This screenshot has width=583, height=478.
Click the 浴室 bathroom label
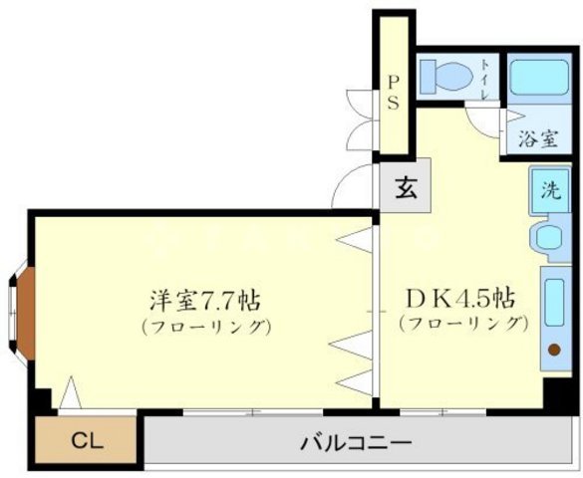(538, 137)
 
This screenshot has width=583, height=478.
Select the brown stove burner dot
(555, 349)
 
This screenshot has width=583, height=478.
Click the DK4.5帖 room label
(459, 298)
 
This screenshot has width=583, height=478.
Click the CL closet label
(85, 439)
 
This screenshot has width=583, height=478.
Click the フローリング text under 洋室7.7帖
(206, 327)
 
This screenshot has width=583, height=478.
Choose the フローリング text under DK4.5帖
(461, 324)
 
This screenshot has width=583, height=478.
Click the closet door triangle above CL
(70, 393)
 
